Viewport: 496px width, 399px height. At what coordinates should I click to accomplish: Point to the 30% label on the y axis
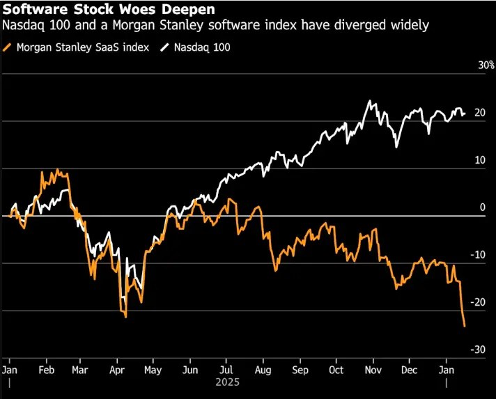tap(486, 65)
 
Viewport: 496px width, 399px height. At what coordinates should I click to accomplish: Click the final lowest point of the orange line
tap(465, 326)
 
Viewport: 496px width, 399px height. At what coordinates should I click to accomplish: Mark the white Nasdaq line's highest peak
tap(369, 101)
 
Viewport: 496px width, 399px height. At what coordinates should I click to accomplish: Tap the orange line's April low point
tap(125, 317)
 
